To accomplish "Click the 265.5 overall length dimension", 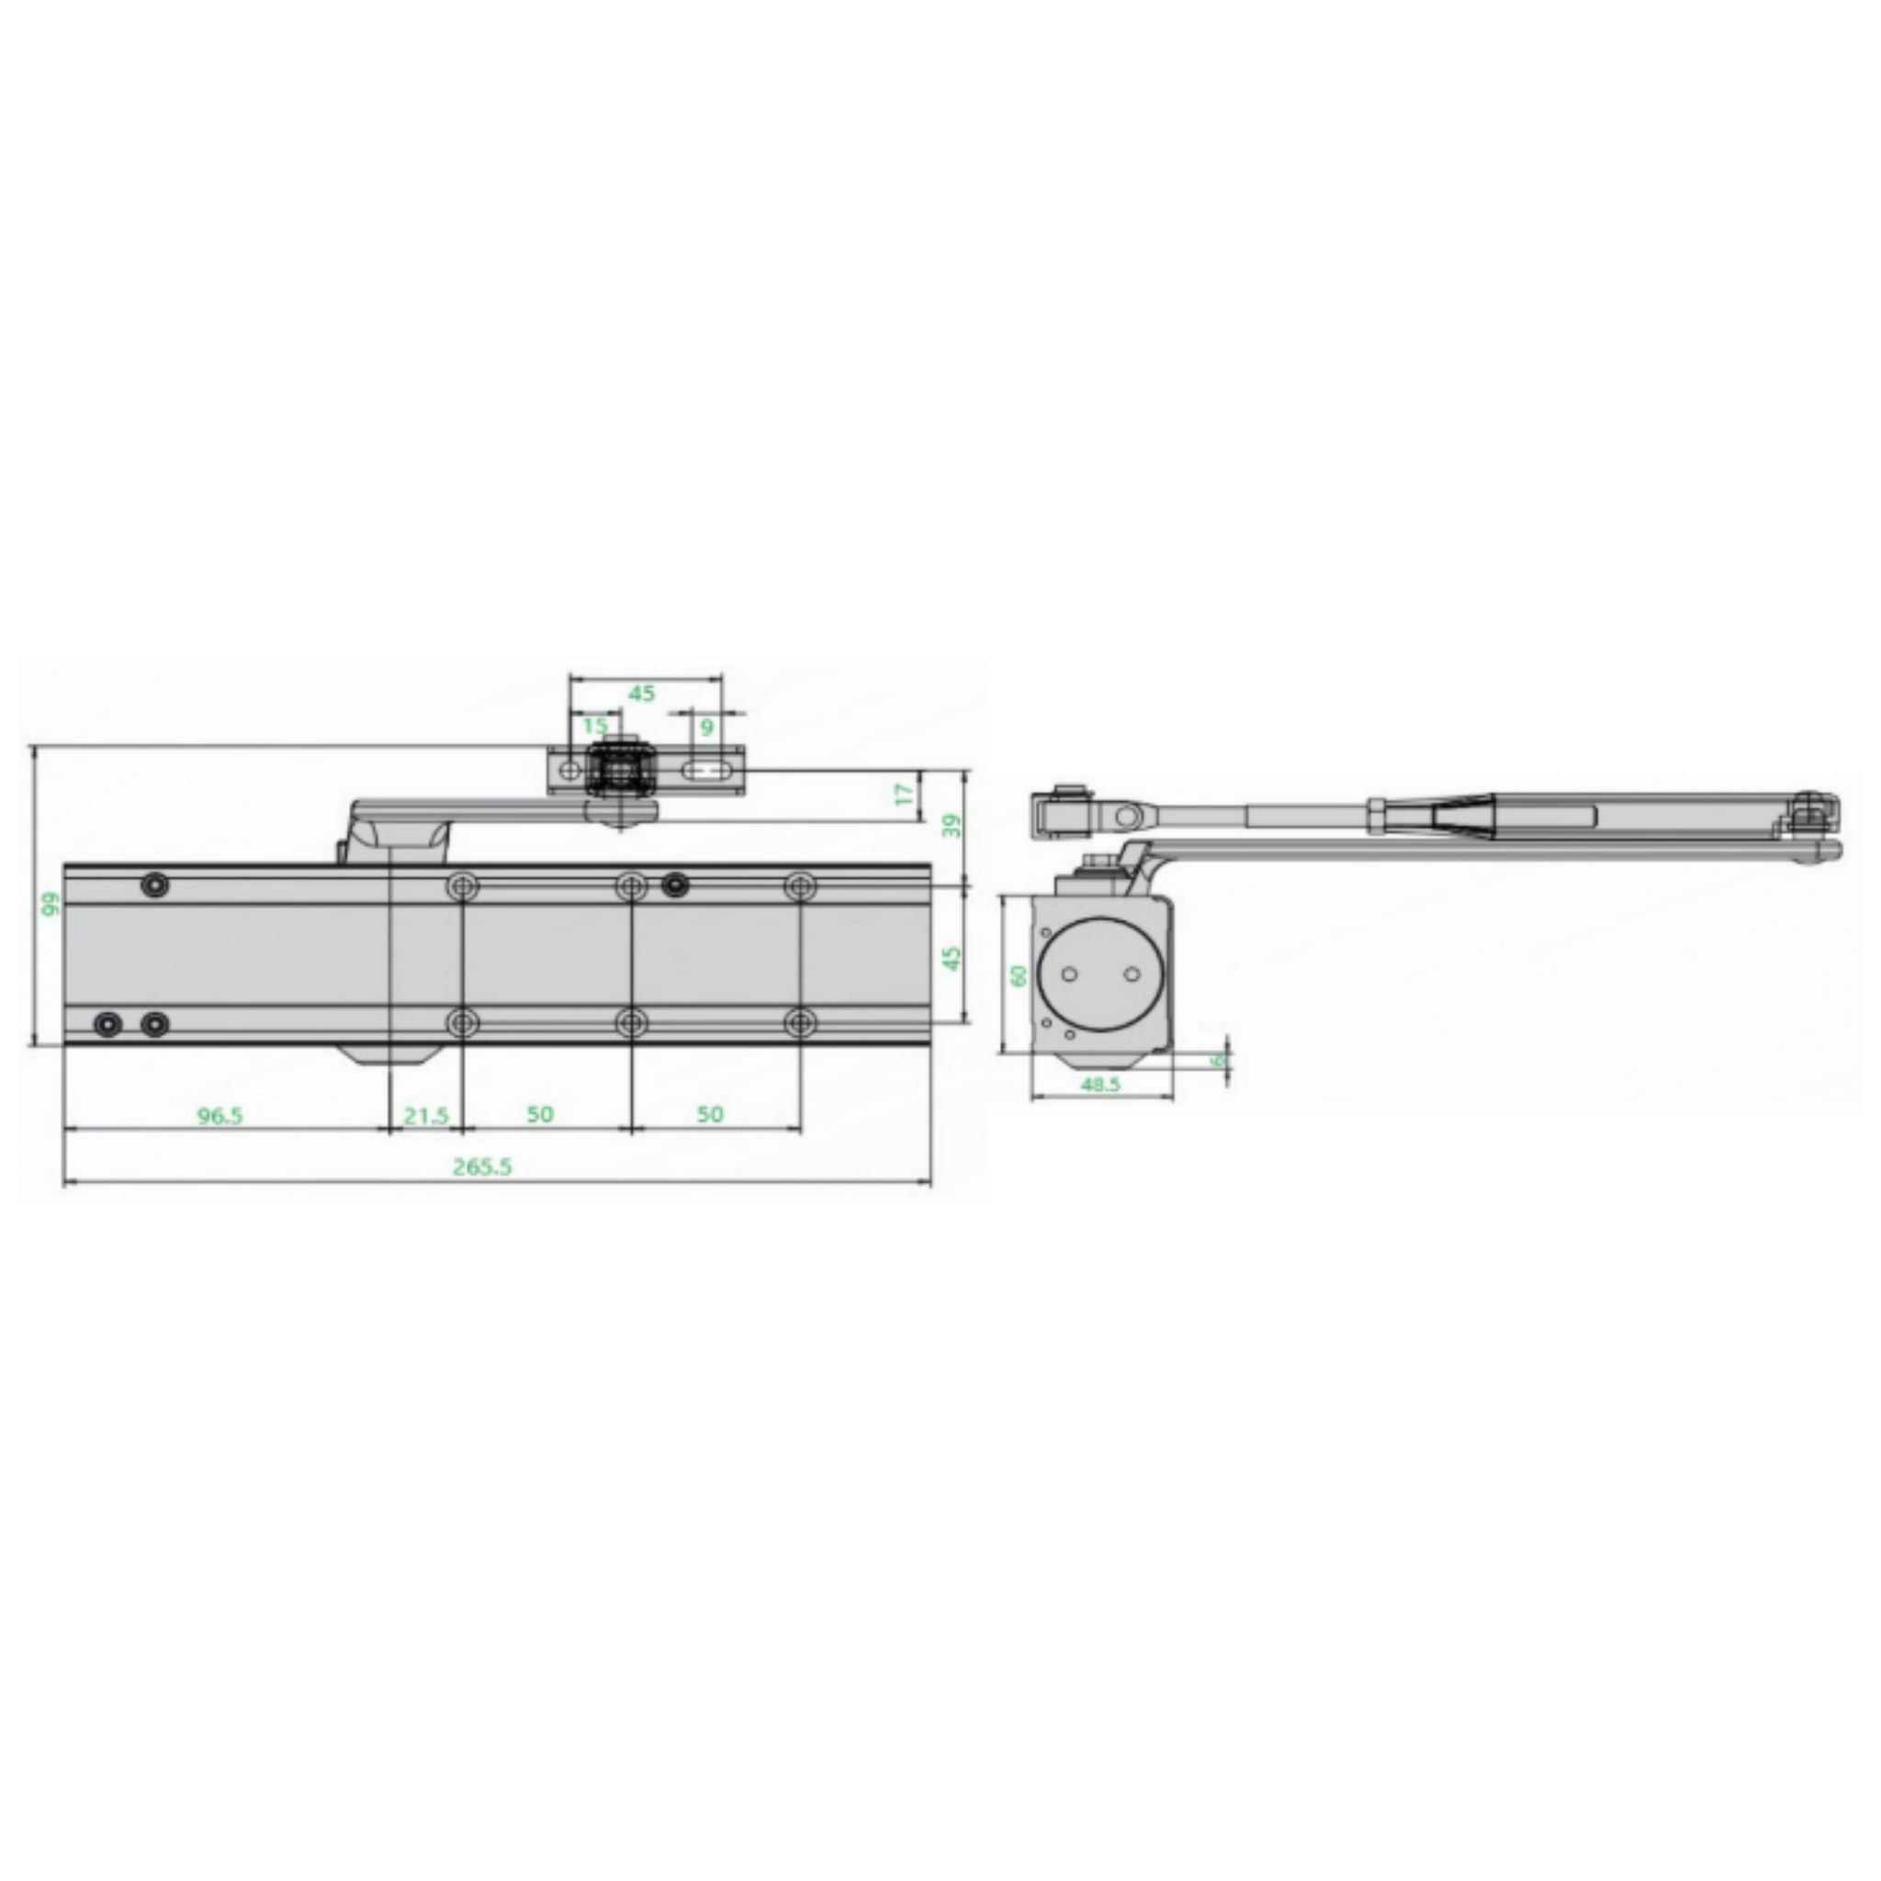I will pos(482,1166).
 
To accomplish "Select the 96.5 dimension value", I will pos(220,1115).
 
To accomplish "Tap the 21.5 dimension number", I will pos(426,1116).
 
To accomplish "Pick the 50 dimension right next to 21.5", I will pos(540,1114).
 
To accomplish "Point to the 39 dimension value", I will pos(954,825).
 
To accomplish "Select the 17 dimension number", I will pos(906,794).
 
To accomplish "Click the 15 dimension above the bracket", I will pos(595,726).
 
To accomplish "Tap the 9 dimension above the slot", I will pos(708,726).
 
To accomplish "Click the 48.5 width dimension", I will pos(1101,1084).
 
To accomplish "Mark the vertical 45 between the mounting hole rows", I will pos(954,958).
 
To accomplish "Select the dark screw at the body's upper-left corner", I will pos(155,885).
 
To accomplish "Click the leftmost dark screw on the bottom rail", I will pos(107,1024).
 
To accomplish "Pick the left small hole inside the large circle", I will pos(1069,974).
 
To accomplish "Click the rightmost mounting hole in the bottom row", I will pos(800,1023).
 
